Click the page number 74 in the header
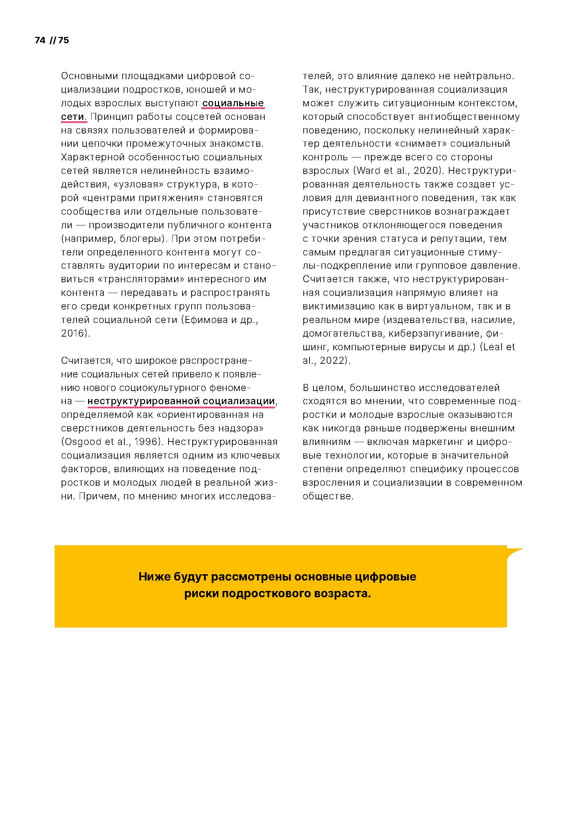[40, 40]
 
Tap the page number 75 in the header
[63, 40]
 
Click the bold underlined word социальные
[233, 103]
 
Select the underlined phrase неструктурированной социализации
[181, 401]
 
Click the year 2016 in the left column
[73, 333]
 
